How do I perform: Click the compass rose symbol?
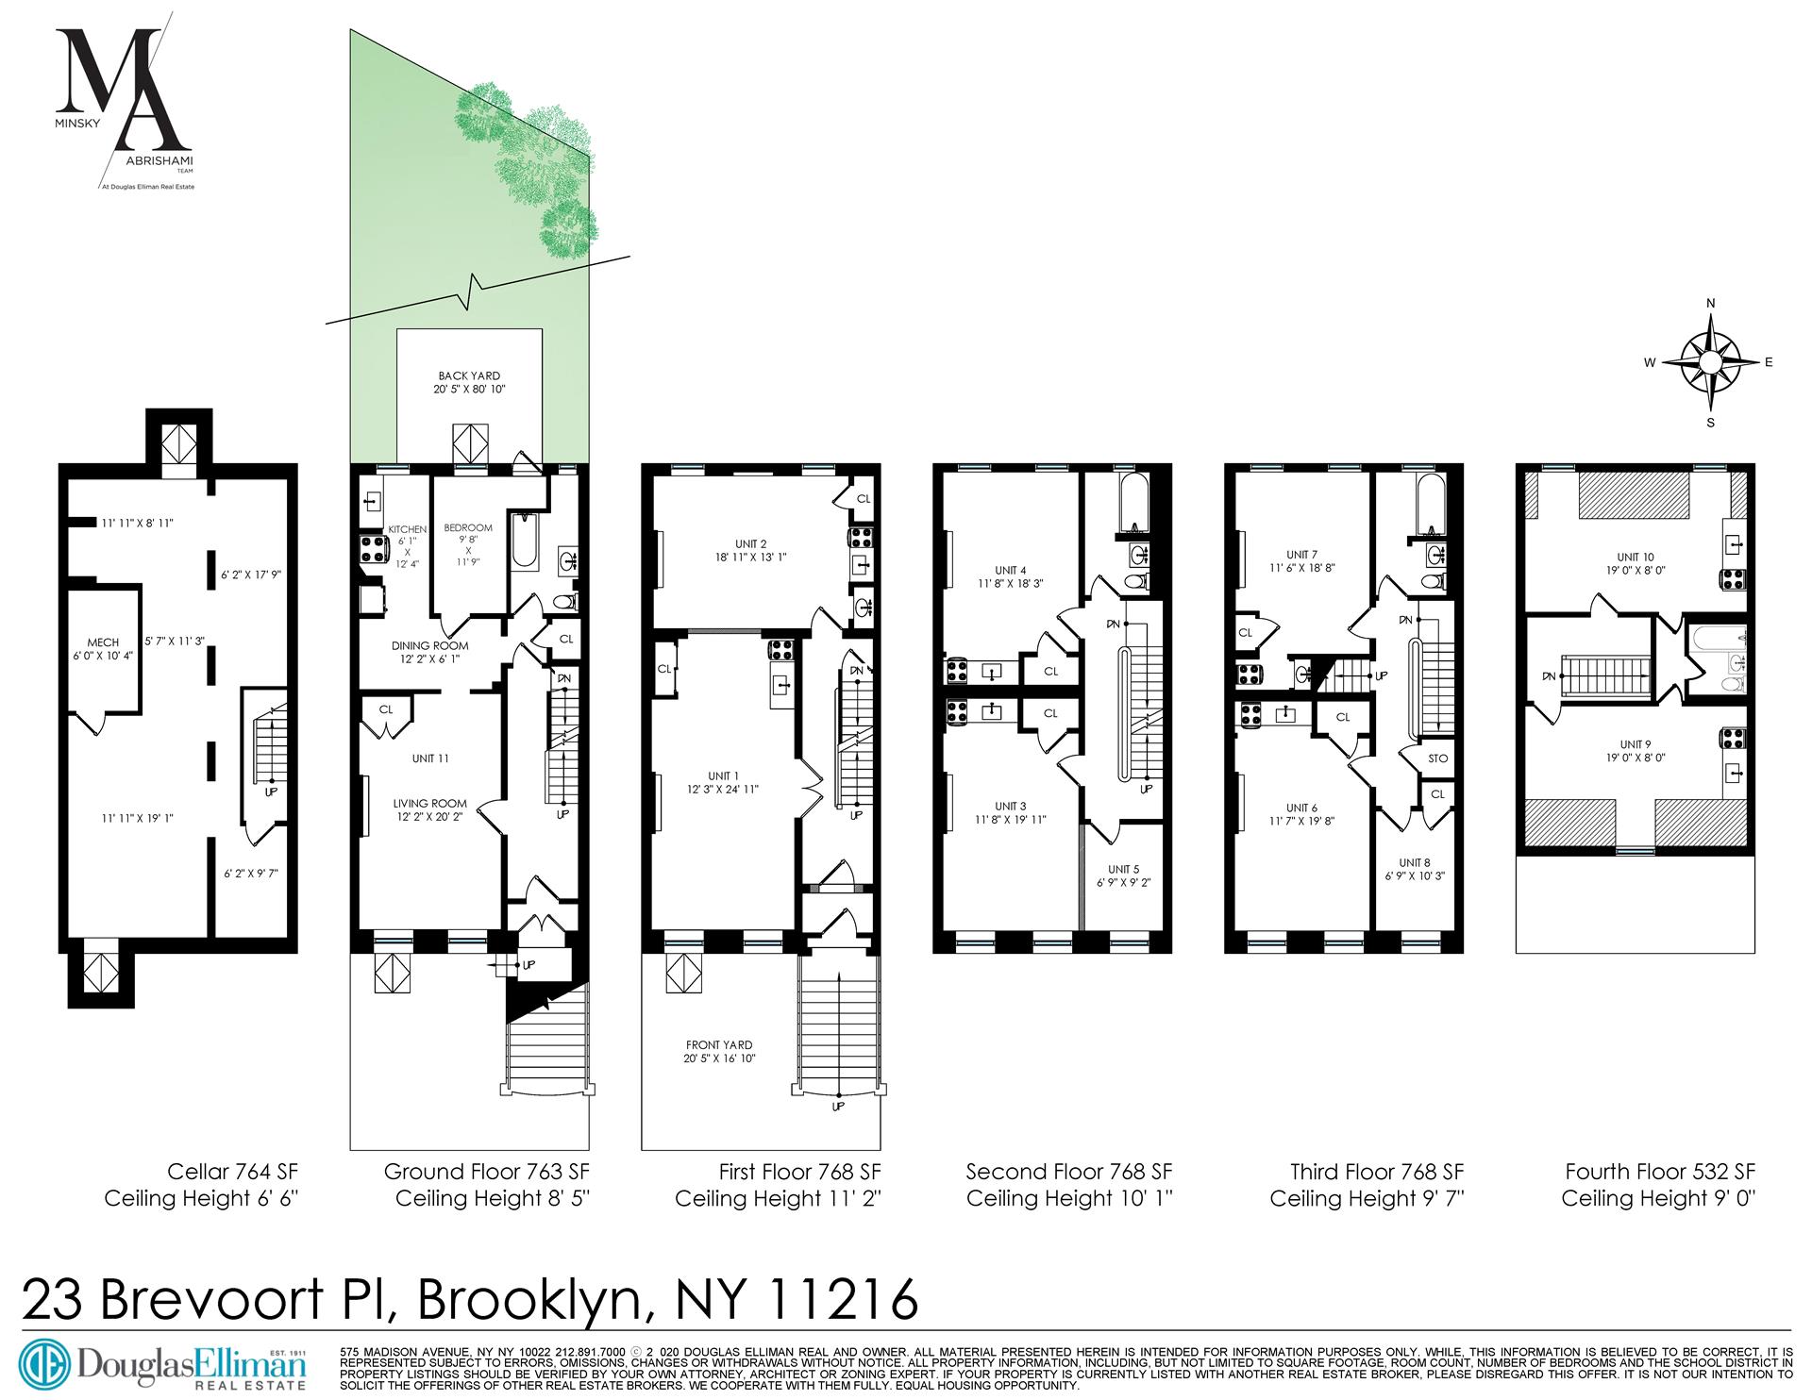[x=1710, y=362]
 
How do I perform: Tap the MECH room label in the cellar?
[x=103, y=642]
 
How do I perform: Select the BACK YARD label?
[x=469, y=375]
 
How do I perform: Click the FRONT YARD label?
[x=718, y=1044]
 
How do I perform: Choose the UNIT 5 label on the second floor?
[x=1123, y=869]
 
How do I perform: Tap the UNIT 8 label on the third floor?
[x=1414, y=862]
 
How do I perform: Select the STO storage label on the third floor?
[x=1437, y=758]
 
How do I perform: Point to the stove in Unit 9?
[x=1733, y=737]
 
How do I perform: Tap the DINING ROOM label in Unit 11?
[x=429, y=646]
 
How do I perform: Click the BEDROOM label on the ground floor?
[x=468, y=527]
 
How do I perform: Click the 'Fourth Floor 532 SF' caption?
[x=1660, y=1172]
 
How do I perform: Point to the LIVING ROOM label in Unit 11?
[x=429, y=804]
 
